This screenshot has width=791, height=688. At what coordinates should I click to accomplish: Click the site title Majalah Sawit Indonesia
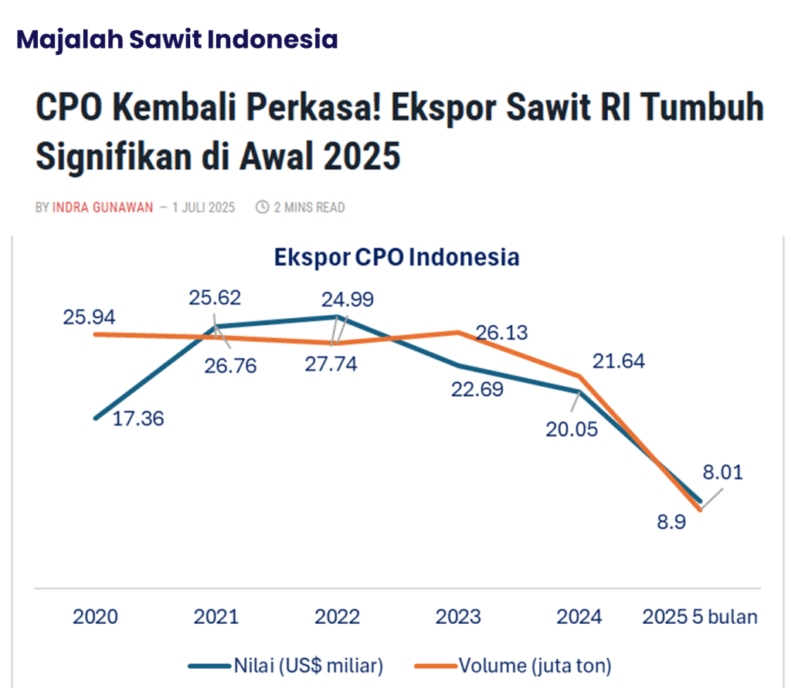click(x=177, y=39)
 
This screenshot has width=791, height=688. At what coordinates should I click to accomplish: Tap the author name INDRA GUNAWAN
click(x=103, y=207)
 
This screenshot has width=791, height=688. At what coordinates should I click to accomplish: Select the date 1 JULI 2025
click(x=204, y=207)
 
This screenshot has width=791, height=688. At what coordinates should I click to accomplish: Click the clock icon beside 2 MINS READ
click(x=262, y=207)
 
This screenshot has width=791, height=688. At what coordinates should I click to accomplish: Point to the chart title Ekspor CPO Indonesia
click(x=396, y=257)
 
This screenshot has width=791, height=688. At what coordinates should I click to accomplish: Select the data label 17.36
click(x=138, y=419)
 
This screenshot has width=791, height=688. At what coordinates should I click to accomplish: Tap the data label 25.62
click(x=216, y=297)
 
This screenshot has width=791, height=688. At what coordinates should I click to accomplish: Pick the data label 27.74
click(x=331, y=365)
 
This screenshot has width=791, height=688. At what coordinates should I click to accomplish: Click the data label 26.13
click(x=502, y=333)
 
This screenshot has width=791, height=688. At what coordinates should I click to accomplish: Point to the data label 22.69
click(x=477, y=389)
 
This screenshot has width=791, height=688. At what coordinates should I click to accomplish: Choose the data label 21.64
click(x=619, y=361)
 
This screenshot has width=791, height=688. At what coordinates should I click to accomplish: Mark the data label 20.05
click(x=572, y=429)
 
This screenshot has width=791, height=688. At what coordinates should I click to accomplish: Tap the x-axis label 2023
click(x=458, y=617)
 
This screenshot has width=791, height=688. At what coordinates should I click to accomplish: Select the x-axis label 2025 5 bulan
click(x=701, y=617)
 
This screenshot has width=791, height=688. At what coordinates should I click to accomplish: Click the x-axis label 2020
click(x=95, y=617)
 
